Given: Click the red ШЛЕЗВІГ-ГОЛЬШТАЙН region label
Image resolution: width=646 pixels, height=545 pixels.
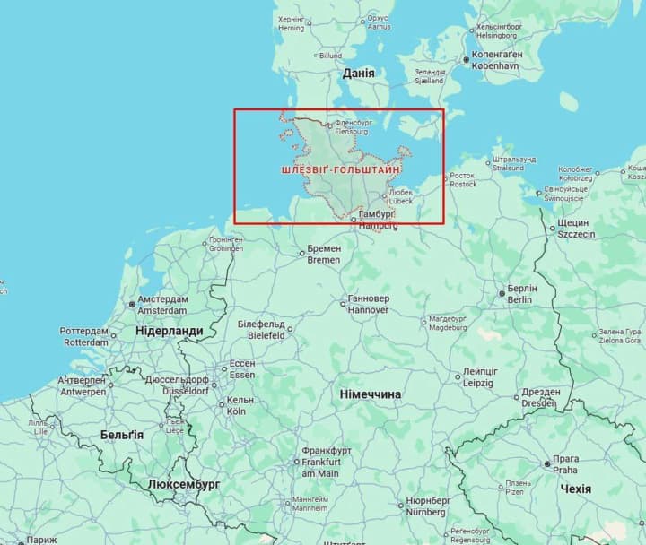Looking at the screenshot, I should point(340,169).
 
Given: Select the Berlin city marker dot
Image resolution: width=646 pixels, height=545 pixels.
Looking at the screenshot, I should point(502,293).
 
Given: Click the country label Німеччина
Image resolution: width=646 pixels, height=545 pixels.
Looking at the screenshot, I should point(371,394).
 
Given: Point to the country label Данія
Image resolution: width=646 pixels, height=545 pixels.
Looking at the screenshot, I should point(358,74).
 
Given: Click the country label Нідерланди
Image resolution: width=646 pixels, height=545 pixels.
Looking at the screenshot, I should point(169,331).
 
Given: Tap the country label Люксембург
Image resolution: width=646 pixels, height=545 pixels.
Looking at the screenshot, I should point(184,485).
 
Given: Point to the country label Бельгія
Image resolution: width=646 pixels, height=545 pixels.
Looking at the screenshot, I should point(121,435).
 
